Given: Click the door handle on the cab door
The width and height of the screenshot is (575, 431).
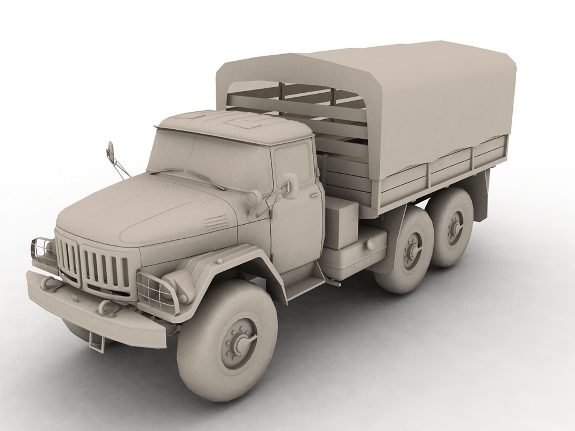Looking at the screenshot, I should point(313,196).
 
